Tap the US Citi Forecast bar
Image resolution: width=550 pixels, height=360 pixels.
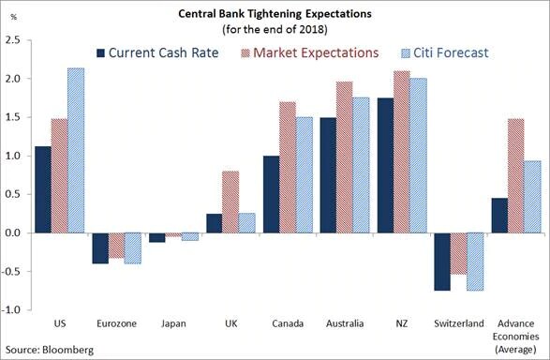[x=74, y=150]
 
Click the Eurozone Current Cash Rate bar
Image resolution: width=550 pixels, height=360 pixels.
[x=100, y=247]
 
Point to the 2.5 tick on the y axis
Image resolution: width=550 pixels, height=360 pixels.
[x=13, y=40]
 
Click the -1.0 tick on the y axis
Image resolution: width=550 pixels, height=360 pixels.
[x=11, y=309]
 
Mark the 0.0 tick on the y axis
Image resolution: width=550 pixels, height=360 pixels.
[x=13, y=232]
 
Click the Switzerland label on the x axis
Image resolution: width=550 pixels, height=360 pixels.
[x=462, y=324]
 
